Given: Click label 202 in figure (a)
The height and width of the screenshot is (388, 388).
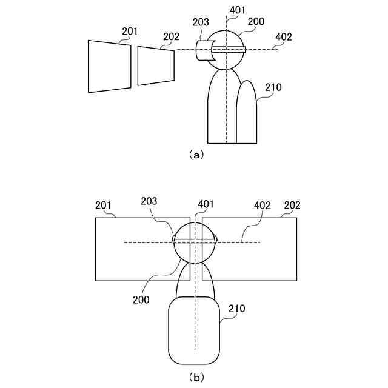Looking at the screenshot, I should click(x=171, y=37).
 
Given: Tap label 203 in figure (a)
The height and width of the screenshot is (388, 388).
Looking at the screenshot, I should click(x=201, y=22).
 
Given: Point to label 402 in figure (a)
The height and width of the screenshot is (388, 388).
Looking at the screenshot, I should click(x=283, y=36).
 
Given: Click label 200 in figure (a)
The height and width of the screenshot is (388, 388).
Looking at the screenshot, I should click(x=256, y=21).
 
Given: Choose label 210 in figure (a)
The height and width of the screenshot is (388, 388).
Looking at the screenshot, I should click(x=273, y=87).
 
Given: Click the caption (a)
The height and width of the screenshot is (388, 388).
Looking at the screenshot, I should click(x=196, y=155).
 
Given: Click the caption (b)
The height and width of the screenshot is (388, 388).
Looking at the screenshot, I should click(x=196, y=377).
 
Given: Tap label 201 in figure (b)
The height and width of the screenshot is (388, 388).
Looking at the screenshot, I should click(x=104, y=205).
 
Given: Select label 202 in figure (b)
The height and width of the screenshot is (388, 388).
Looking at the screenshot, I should click(x=292, y=205).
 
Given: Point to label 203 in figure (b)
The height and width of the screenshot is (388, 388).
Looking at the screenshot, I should click(x=149, y=201).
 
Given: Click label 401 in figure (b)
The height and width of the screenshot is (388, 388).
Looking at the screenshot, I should click(x=206, y=204).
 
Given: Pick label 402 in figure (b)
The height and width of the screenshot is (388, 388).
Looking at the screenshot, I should click(x=262, y=205).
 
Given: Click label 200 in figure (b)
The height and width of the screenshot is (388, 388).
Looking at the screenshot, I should click(x=141, y=299).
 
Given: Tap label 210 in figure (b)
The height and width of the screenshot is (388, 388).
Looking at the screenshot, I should click(x=236, y=309).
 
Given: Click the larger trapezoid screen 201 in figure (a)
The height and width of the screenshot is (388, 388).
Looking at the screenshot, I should click(x=109, y=67).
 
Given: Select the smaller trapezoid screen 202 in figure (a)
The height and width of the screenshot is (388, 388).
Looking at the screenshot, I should click(x=156, y=65).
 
